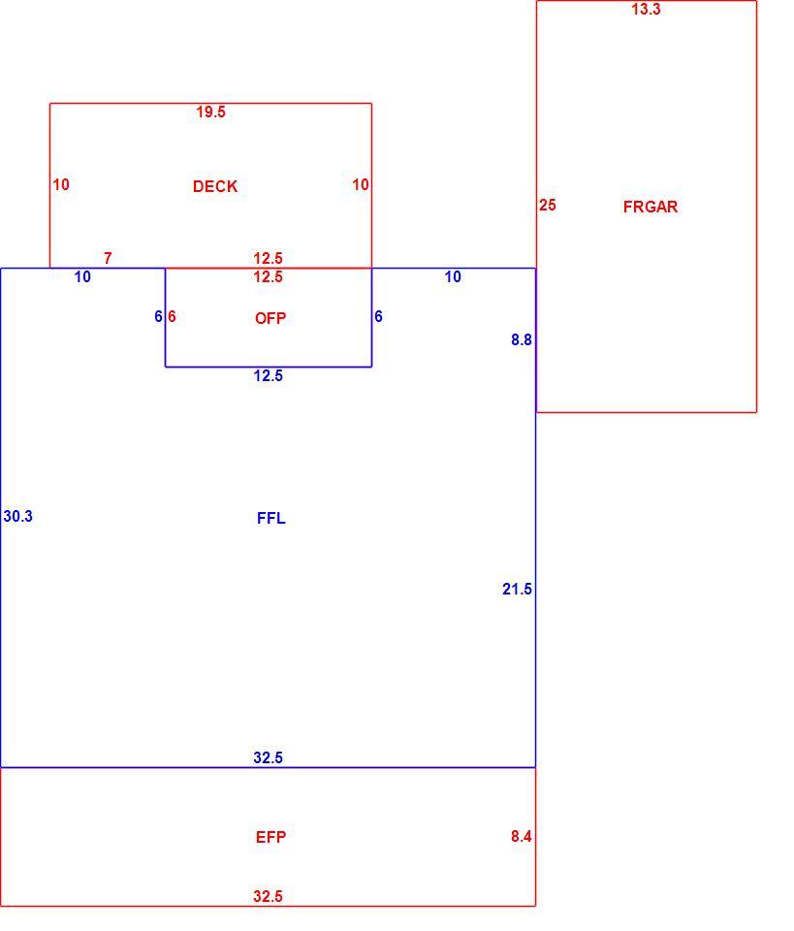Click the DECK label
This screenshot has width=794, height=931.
tap(215, 186)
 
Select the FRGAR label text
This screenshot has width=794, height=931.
tap(651, 207)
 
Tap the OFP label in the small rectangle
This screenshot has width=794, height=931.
tap(270, 318)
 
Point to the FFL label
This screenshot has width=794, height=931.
tap(271, 518)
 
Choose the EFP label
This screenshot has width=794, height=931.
tap(271, 837)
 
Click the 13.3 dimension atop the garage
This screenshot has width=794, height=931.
tap(646, 9)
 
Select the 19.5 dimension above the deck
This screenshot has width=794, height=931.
tap(210, 112)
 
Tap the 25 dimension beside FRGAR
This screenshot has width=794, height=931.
tap(548, 206)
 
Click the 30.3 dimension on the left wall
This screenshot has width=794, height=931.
tap(17, 517)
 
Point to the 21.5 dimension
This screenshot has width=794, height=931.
tap(517, 589)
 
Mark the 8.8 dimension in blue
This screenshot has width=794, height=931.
tap(522, 339)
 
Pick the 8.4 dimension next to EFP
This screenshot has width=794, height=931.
tap(521, 836)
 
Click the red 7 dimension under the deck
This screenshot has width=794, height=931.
tap(108, 258)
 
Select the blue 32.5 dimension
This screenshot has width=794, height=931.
tap(269, 757)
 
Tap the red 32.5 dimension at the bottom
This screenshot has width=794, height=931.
tap(269, 896)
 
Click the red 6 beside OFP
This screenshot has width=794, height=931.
tap(172, 316)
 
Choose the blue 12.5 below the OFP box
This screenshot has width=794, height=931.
tap(269, 376)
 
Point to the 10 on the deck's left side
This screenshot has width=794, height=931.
tap(61, 184)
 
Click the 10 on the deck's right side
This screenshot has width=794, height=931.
tap(361, 184)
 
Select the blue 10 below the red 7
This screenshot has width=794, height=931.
tap(82, 276)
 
